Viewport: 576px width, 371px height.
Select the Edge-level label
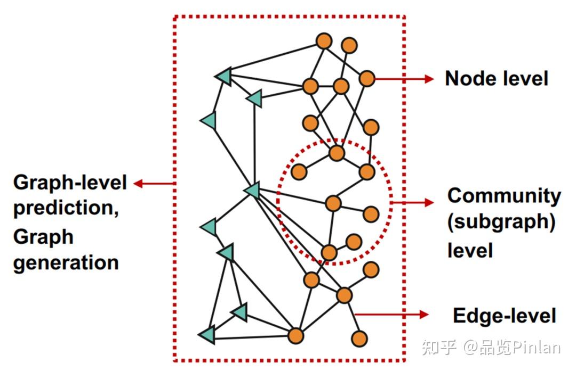tap(504, 316)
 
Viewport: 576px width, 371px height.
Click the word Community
tap(504, 196)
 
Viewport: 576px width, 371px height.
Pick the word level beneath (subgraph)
tap(470, 250)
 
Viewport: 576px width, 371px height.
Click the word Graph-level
tap(70, 183)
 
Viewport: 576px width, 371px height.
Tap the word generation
tap(66, 262)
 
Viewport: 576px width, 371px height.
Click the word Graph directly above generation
tap(43, 236)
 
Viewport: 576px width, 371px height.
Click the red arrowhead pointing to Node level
tap(429, 79)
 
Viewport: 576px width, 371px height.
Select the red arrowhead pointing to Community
tap(429, 202)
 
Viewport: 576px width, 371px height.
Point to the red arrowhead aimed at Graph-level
tap(138, 184)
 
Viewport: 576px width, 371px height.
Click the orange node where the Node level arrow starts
tap(367, 78)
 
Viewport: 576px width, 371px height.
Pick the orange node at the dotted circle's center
tap(333, 203)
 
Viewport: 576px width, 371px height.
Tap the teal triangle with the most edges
tap(252, 189)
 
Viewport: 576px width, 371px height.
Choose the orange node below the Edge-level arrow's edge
tap(359, 337)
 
